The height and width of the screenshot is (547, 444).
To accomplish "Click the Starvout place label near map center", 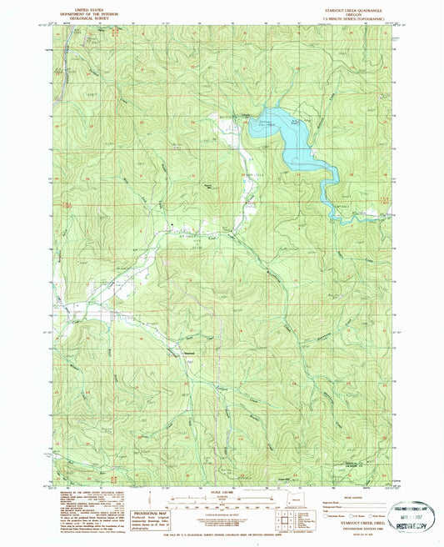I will pyautogui.click(x=189, y=350).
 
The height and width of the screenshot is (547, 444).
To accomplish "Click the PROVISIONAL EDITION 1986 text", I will pyautogui.click(x=356, y=522).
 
